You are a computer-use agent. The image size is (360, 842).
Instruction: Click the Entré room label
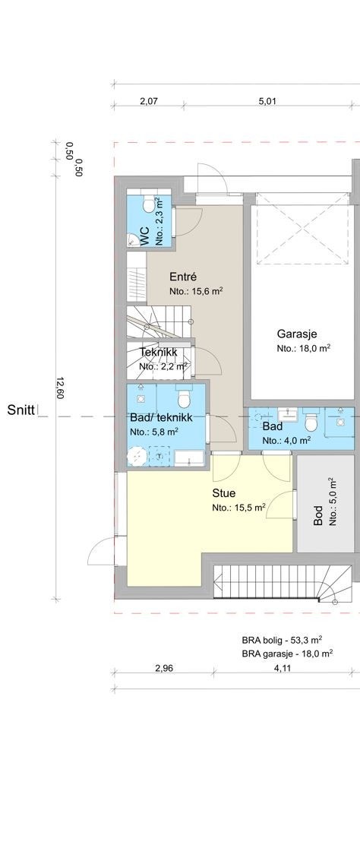coord(183,277)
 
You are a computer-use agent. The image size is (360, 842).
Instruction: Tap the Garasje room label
coord(297,334)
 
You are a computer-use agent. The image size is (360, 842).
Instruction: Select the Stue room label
coord(224,492)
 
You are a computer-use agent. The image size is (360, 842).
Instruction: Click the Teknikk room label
coord(158,352)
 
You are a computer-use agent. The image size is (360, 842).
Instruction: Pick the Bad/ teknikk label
coord(160,418)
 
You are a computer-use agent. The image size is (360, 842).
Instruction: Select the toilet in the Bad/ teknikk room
coord(182,398)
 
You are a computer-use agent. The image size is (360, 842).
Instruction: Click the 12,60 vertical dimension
coord(60,388)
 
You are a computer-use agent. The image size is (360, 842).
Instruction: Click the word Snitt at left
coord(21,410)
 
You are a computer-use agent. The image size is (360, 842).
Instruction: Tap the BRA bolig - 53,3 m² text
coord(286,640)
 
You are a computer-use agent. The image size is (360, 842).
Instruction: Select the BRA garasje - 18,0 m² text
coord(289,653)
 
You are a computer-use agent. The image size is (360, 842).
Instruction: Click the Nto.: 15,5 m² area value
coord(238,508)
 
